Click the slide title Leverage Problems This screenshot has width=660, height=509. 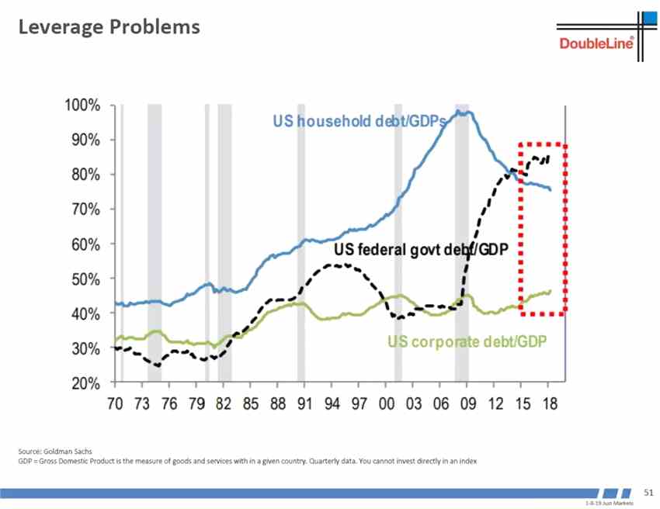coord(109,27)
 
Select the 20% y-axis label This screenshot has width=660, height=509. coord(83,383)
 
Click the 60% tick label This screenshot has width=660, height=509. coord(83,244)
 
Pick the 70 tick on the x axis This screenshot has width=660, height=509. coord(115,404)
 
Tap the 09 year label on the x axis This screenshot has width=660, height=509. coord(466,404)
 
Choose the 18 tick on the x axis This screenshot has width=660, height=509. coord(547,404)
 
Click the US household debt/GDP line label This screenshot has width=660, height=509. coord(359,121)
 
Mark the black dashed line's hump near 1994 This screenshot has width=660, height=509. coord(334,265)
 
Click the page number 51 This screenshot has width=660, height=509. coord(649,492)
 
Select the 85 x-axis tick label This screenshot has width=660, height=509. coord(249,404)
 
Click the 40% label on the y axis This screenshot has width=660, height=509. coord(83,313)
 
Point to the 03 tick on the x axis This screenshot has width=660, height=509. coord(412,404)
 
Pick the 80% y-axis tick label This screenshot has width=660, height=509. coord(83,175)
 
